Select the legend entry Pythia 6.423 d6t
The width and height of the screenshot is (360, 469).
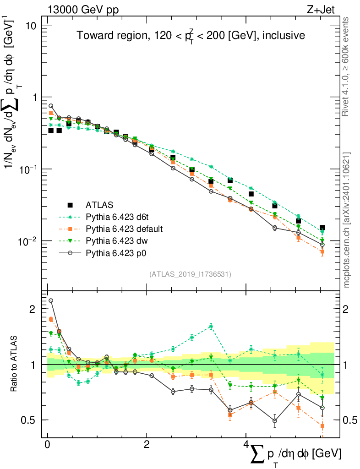(x=120, y=216)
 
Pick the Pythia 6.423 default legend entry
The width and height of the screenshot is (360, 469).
(x=125, y=228)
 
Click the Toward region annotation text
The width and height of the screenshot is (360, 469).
(x=191, y=36)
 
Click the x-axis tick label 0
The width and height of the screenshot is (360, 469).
(x=47, y=445)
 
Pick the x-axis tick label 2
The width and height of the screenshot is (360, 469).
(x=147, y=445)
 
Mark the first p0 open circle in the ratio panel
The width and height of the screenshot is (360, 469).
(x=51, y=301)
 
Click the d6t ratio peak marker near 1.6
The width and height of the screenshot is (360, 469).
(x=211, y=326)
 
